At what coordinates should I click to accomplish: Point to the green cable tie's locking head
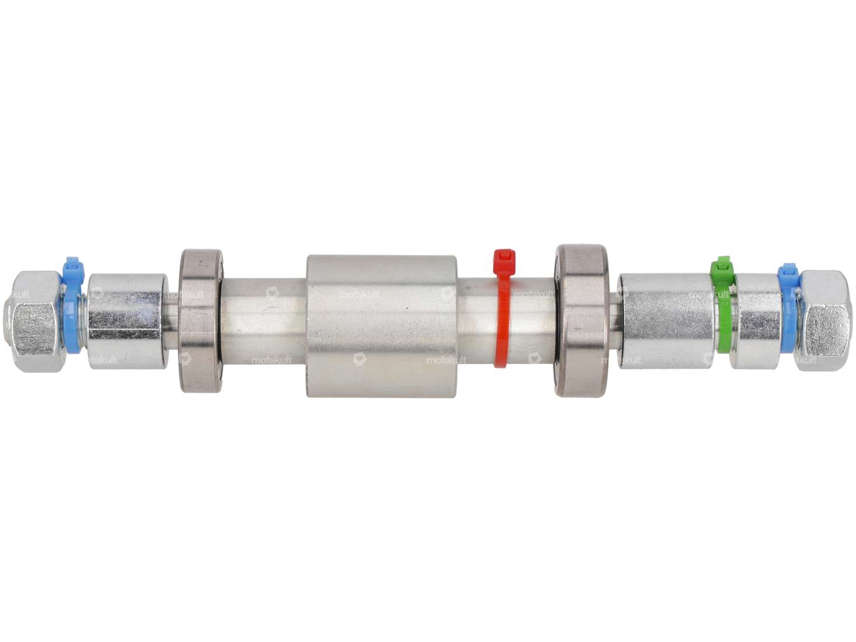click(x=722, y=268)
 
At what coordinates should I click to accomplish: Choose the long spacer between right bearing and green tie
click(x=666, y=321)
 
